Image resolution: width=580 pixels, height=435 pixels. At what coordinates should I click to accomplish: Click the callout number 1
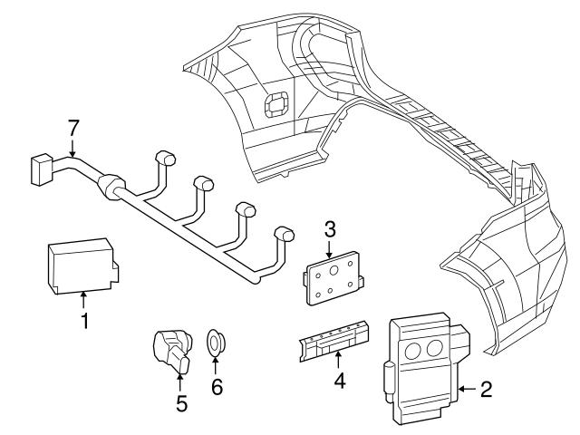point(83,320)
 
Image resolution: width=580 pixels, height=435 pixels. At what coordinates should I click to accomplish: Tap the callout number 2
point(486,390)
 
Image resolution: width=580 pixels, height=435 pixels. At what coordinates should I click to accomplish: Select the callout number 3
point(330,228)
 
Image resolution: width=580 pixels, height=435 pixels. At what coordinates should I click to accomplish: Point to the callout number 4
point(339,382)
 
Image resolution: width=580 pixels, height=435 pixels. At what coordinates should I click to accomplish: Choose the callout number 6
point(217,388)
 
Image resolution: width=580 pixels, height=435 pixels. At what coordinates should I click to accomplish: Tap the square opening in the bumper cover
point(273,106)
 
